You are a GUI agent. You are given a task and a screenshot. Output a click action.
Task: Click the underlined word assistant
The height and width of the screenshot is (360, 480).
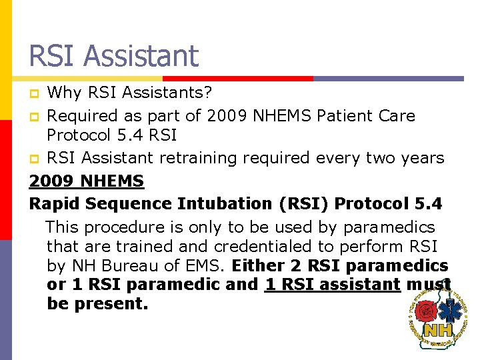[359, 285]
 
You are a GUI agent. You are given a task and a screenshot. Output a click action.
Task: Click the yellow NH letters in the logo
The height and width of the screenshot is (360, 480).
[437, 330]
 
